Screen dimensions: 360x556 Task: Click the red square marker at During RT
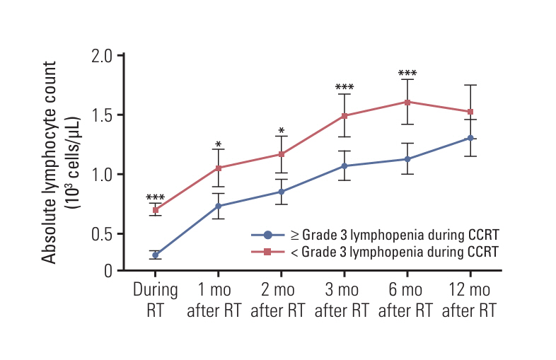(x=156, y=210)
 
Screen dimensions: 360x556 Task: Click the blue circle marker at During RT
(x=156, y=255)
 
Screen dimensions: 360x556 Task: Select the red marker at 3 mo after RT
(x=344, y=115)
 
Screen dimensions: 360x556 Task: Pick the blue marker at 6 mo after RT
(x=407, y=159)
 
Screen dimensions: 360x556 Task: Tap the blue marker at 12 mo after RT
(x=470, y=138)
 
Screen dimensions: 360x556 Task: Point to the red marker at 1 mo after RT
(x=219, y=168)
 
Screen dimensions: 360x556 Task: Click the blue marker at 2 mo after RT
(x=282, y=192)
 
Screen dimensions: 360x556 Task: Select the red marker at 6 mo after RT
(x=407, y=102)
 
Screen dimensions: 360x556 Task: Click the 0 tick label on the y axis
(x=108, y=271)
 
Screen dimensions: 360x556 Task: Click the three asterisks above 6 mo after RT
(x=407, y=74)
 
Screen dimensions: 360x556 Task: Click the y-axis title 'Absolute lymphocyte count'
(x=50, y=163)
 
